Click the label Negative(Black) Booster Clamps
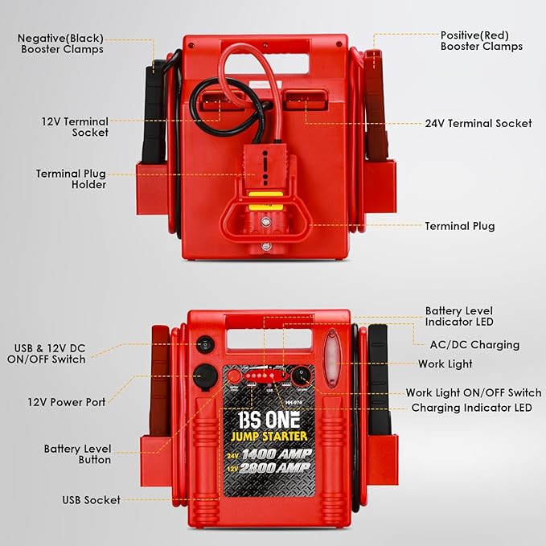[x=60, y=43]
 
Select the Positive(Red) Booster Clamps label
[x=481, y=41]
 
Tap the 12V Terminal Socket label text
[x=75, y=127]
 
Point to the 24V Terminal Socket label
[x=478, y=123]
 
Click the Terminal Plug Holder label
[x=71, y=179]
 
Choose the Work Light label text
[x=445, y=364]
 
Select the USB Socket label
[x=91, y=500]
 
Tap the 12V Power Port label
[x=66, y=402]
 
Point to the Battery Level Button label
[x=77, y=454]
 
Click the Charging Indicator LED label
[x=471, y=408]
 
